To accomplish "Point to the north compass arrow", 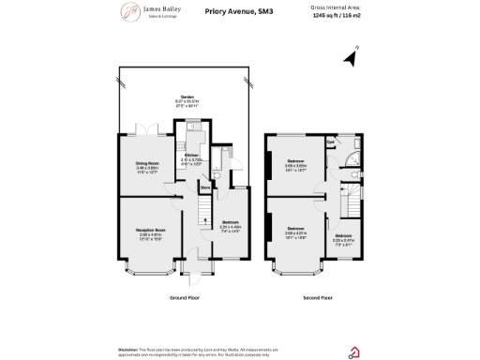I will click(x=351, y=59).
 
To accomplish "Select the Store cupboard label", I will click(x=203, y=188).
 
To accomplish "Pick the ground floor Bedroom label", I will click(x=230, y=224).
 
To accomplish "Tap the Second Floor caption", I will click(x=316, y=296).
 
